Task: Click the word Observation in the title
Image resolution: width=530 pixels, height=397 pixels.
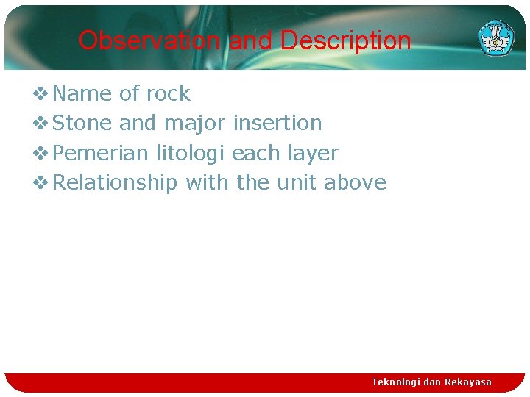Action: (x=149, y=40)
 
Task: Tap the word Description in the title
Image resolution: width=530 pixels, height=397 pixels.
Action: (x=345, y=40)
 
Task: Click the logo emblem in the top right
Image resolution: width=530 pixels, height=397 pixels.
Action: (x=496, y=37)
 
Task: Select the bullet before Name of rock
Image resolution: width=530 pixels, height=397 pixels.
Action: (x=42, y=94)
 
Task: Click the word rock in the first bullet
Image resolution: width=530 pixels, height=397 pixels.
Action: (x=168, y=94)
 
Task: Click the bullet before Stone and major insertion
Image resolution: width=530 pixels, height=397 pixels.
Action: (x=42, y=124)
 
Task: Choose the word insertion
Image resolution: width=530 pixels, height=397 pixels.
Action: (x=278, y=124)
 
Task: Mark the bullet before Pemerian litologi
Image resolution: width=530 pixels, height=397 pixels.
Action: (x=42, y=153)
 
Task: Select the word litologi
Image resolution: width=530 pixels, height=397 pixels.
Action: (x=191, y=153)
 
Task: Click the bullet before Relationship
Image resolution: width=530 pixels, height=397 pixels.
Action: (x=42, y=182)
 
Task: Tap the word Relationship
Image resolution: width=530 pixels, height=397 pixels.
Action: (x=116, y=182)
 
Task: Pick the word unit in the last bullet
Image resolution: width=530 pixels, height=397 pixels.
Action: (x=297, y=182)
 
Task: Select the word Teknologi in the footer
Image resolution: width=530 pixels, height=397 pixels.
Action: (x=397, y=382)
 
